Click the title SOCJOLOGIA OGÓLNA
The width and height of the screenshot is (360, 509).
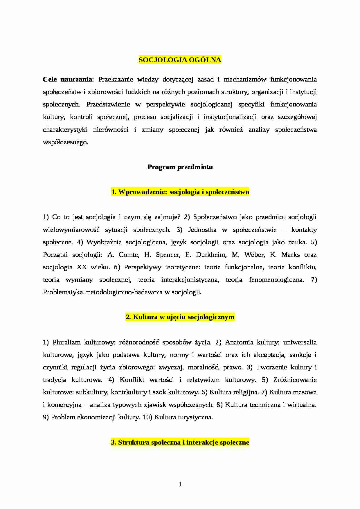pyautogui.click(x=180, y=60)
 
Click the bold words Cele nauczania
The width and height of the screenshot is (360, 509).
pyautogui.click(x=68, y=80)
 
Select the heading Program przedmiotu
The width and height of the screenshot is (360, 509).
pyautogui.click(x=180, y=167)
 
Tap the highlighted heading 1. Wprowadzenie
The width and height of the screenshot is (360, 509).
pyautogui.click(x=180, y=192)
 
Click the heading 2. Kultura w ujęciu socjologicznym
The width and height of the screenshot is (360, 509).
pyautogui.click(x=180, y=317)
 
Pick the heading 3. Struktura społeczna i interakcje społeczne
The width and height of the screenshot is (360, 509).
pyautogui.click(x=180, y=443)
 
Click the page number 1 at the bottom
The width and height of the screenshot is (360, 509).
pyautogui.click(x=180, y=484)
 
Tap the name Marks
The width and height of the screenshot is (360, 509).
pyautogui.click(x=291, y=255)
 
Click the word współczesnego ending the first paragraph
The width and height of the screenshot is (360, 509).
pyautogui.click(x=65, y=142)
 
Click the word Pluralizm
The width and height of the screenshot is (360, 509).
pyautogui.click(x=66, y=342)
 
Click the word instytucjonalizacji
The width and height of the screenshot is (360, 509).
pyautogui.click(x=230, y=117)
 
